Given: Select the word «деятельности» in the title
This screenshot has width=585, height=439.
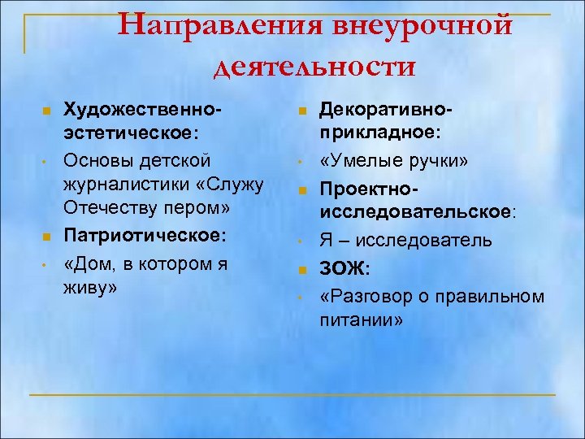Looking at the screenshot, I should click(x=314, y=65).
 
